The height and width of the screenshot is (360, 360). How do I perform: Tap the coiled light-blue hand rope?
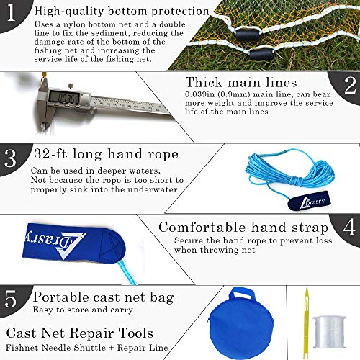[290, 171]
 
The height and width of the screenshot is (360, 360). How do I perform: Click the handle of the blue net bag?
[242, 294]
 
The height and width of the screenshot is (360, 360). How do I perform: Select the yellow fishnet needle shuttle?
[306, 323]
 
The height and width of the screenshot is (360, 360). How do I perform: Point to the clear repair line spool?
[330, 333]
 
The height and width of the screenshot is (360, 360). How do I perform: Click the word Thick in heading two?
[204, 82]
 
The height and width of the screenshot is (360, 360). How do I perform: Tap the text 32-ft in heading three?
[50, 154]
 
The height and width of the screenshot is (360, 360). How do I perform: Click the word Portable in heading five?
[60, 297]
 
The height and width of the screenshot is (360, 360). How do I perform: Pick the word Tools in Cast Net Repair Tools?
[136, 333]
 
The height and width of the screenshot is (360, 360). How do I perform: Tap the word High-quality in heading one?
[69, 12]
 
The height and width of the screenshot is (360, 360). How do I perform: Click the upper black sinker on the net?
[247, 35]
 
